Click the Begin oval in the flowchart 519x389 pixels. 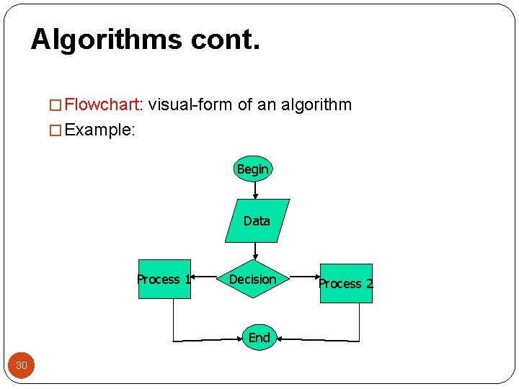(x=253, y=169)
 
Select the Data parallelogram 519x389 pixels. (x=257, y=220)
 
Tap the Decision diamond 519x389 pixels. (x=253, y=280)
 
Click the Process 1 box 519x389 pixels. (x=164, y=280)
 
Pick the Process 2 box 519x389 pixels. (x=346, y=283)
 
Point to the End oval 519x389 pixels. (x=259, y=337)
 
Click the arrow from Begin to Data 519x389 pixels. (x=256, y=190)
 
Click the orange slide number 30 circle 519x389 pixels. (x=22, y=365)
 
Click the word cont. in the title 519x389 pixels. (x=225, y=39)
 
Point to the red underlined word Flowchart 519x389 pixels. (x=101, y=105)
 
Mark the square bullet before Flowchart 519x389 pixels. (x=55, y=106)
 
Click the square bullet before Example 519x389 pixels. (x=55, y=131)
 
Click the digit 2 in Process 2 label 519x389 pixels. (x=369, y=284)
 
